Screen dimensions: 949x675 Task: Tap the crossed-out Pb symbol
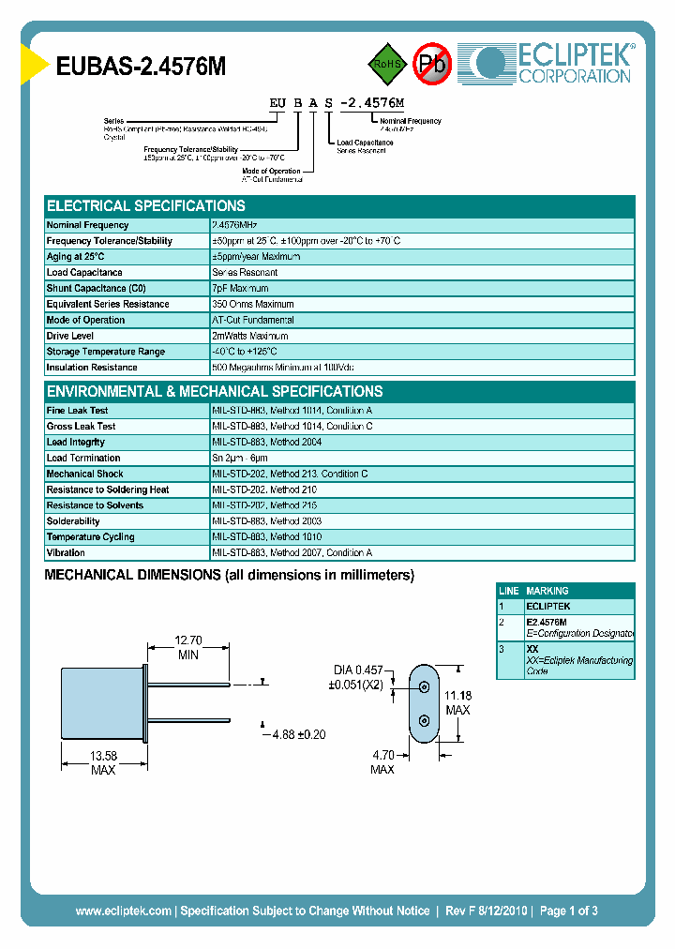pyautogui.click(x=433, y=64)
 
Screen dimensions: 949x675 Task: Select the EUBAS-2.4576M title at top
pyautogui.click(x=142, y=67)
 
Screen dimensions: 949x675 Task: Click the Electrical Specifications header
pyautogui.click(x=146, y=205)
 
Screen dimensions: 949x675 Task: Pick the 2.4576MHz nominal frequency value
pyautogui.click(x=234, y=225)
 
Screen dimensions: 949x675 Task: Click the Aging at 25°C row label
pyautogui.click(x=76, y=257)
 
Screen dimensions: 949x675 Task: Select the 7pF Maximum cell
pyautogui.click(x=240, y=289)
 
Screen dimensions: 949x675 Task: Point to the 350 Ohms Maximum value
pyautogui.click(x=253, y=305)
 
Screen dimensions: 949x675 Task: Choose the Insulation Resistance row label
pyautogui.click(x=92, y=368)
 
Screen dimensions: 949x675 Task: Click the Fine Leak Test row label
pyautogui.click(x=77, y=411)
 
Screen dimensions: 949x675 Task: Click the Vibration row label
pyautogui.click(x=66, y=553)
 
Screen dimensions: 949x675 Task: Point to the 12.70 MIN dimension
pyautogui.click(x=188, y=648)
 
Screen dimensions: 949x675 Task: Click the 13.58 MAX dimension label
pyautogui.click(x=103, y=763)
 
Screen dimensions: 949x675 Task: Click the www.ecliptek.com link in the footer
pyautogui.click(x=123, y=911)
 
